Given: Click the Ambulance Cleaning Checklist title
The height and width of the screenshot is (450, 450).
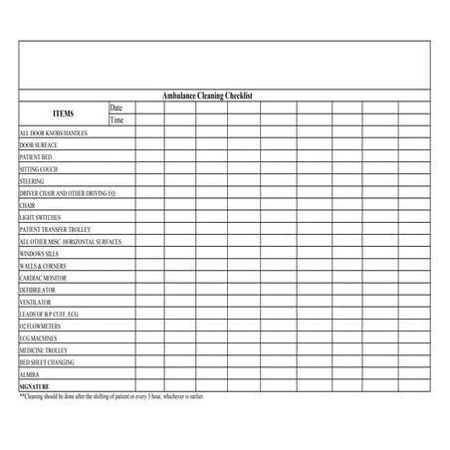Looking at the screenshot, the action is pos(208,96).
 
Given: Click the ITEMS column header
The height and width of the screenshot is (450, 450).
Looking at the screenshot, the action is pos(64,113).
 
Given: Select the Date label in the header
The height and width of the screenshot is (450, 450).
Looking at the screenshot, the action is pos(116,108).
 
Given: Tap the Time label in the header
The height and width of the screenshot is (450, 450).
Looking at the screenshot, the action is pos(116,120).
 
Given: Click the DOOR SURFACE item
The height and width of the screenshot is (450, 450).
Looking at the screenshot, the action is pos(39,145).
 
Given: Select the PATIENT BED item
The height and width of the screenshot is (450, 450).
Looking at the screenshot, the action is pos(36,157).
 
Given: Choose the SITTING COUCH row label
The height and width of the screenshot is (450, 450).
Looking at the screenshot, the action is pos(39,169).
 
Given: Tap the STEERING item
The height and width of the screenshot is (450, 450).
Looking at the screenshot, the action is pos(32,181).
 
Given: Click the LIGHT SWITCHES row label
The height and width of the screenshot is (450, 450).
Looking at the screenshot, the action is pos(40,217).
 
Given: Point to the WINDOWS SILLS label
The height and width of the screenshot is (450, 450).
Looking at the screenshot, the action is pos(39,254).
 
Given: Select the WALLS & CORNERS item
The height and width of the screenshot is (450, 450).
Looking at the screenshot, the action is pos(42,266).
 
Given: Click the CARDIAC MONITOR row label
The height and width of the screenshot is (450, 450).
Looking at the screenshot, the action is pos(43,278).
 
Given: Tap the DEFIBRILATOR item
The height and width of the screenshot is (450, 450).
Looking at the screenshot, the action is pos(39,290).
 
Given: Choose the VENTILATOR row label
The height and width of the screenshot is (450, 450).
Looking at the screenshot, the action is pos(35,302).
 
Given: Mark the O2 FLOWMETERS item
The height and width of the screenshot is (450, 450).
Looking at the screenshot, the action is pos(39,326).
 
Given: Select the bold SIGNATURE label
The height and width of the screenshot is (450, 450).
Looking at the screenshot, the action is pos(34,386).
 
